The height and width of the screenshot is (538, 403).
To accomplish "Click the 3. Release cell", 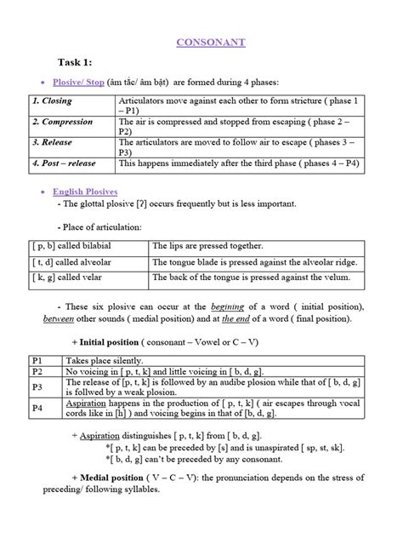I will (x=53, y=142).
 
